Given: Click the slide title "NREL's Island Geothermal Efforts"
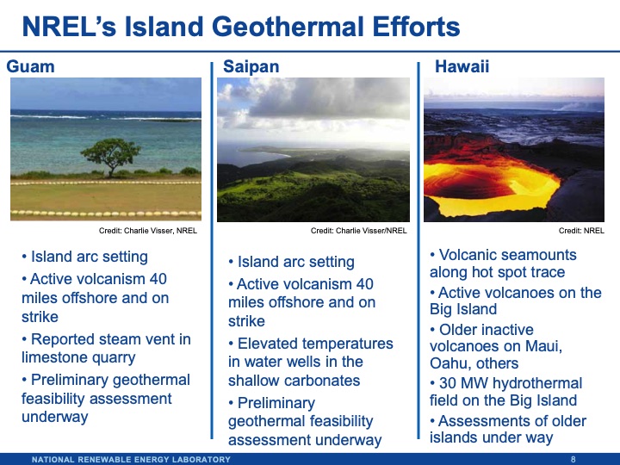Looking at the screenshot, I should click(x=240, y=28).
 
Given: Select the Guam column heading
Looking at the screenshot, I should click(x=30, y=65).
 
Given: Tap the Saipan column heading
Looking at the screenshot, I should click(x=251, y=65).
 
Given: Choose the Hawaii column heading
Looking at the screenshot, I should click(x=456, y=65).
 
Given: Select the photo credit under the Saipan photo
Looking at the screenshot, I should click(x=358, y=231).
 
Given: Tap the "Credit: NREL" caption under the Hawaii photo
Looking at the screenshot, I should click(x=581, y=231).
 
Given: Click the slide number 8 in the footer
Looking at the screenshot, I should click(x=573, y=459).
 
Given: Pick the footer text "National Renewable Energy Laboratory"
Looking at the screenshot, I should click(x=131, y=459).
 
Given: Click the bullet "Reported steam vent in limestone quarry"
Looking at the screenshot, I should click(x=105, y=349).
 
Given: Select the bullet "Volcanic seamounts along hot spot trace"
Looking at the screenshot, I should click(x=508, y=263).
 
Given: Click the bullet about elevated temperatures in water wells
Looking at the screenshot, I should click(x=310, y=362).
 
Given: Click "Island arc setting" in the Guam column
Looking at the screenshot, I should click(x=90, y=257).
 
